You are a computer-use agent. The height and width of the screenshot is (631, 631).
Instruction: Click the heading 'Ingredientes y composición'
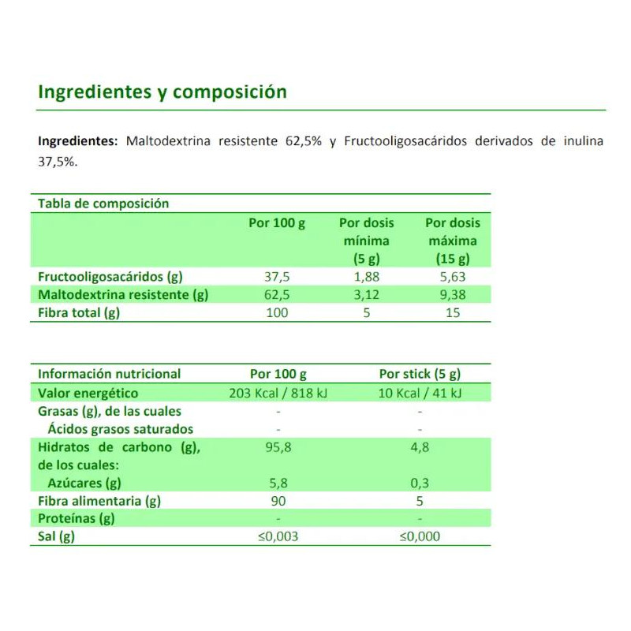pos(162,92)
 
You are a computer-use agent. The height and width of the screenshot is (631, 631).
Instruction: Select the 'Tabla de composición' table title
pos(103,203)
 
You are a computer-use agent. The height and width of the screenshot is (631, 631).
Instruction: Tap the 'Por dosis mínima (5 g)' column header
pos(366,241)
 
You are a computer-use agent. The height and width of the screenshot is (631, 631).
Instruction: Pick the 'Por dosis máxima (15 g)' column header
pos(452,241)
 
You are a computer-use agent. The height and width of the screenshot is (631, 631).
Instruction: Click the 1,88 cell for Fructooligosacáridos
pos(366,277)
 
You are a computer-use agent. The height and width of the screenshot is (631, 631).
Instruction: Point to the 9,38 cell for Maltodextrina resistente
pos(452,295)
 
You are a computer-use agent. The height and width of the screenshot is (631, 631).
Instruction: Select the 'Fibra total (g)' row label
pos(79,313)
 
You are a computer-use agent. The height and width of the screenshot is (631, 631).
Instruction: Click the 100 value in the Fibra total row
pos(277,313)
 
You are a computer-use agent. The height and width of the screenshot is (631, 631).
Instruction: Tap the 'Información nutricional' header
pos(109,374)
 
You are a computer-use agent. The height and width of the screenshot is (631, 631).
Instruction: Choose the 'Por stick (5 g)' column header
pos(420,374)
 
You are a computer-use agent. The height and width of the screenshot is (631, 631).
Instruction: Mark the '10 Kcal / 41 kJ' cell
pos(420,393)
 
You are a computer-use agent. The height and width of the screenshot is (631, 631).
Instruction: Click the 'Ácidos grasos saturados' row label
pos(120,429)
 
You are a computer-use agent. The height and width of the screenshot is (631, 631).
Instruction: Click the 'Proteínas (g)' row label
pos(77,518)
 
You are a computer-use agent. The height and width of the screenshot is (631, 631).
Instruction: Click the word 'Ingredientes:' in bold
pos(77,142)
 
